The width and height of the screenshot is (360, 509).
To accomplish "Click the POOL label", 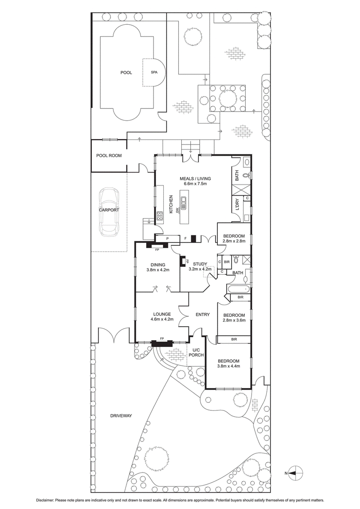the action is pos(126,73).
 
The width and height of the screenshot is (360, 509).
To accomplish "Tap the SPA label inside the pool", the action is pos(154,72).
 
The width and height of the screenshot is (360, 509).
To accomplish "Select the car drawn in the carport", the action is pos(109,212).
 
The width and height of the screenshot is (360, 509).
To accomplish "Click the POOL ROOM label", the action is pos(109,156).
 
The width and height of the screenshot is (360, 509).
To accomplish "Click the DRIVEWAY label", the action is pos(121,415).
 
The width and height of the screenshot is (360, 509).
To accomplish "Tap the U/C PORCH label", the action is pos(196,352).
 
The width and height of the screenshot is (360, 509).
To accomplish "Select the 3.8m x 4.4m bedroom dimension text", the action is pos(229,366).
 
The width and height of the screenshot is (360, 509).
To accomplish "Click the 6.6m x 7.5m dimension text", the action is pos(195,184).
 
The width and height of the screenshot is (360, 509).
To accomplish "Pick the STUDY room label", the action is pos(200,264).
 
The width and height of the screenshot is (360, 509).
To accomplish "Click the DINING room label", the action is pos(158,265).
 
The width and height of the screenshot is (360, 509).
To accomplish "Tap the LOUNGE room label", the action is pos(162,314).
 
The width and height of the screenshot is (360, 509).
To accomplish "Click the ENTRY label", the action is pos(202,315).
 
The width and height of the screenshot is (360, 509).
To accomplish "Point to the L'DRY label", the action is pos(237,204).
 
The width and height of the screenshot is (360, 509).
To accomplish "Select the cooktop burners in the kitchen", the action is pos(160,216).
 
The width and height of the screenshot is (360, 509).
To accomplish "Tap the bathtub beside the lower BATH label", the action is pos(238,288).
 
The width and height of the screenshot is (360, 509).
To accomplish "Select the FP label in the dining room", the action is pos(157,250).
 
